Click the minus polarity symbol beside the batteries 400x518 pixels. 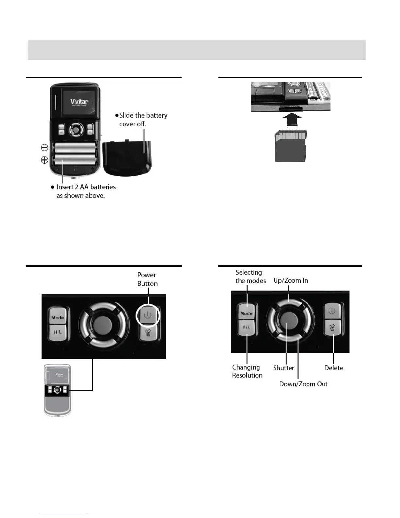point(44,147)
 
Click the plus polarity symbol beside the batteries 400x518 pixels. point(44,160)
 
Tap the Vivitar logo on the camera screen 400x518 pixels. point(79,102)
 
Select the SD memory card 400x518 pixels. point(291,146)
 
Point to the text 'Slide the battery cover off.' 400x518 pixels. point(143,120)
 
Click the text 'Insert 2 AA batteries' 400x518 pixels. point(86,187)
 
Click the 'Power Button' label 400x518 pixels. point(147,279)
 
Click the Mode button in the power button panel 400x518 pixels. point(58,317)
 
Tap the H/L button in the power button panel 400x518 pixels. point(58,332)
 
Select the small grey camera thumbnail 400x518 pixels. point(58,390)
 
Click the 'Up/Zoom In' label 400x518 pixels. point(291,280)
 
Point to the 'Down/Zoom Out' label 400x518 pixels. point(303,384)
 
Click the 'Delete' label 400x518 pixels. point(333,368)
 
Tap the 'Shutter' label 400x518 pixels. point(283,368)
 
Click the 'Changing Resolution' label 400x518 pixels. point(247,371)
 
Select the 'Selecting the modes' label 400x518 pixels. point(250,276)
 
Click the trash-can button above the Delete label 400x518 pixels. point(332,328)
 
